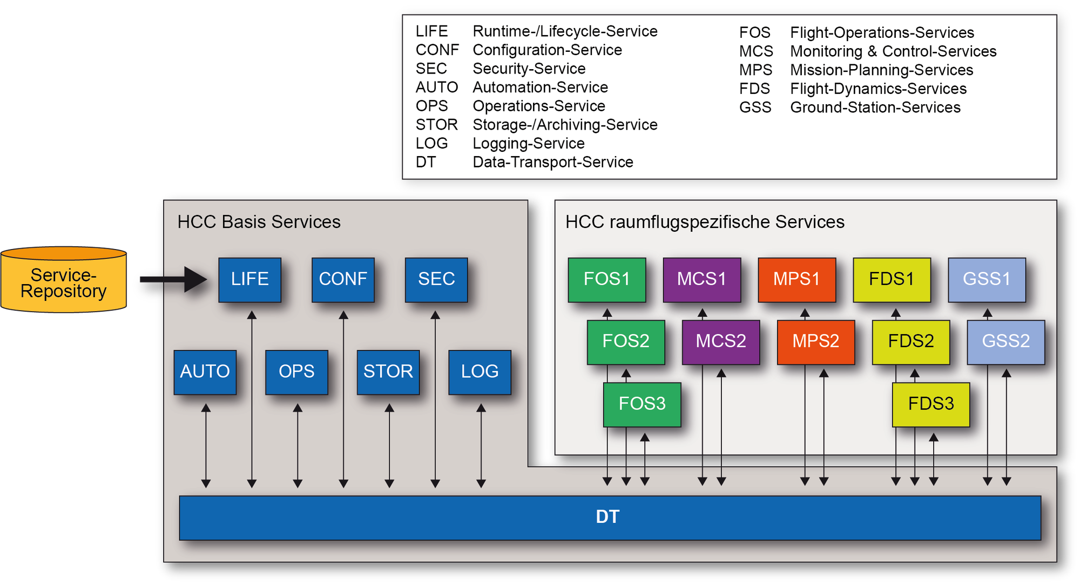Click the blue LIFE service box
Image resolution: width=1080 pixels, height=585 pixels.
click(249, 279)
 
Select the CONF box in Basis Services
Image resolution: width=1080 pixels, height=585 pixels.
click(343, 279)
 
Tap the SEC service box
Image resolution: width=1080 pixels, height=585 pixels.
click(436, 279)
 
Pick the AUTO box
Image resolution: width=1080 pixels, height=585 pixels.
click(205, 372)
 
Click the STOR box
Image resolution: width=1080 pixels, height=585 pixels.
click(388, 372)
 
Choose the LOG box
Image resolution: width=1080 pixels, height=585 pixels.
click(480, 372)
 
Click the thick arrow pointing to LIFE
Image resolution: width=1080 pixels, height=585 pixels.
click(173, 279)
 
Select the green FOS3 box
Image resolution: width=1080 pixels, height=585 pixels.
click(642, 404)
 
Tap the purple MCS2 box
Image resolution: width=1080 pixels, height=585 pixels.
click(720, 341)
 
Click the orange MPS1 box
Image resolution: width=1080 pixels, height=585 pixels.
click(796, 279)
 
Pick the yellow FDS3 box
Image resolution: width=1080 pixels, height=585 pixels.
click(931, 404)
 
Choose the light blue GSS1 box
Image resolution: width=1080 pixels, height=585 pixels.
click(987, 279)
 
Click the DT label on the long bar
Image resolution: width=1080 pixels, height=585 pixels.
click(607, 517)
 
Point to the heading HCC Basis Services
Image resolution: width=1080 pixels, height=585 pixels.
click(259, 222)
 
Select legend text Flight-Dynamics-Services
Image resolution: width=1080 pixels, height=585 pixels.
click(878, 89)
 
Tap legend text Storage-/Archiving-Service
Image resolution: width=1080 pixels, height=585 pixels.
click(565, 125)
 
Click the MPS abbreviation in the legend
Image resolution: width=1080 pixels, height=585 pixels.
click(755, 70)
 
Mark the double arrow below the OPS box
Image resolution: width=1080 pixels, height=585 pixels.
click(298, 446)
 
